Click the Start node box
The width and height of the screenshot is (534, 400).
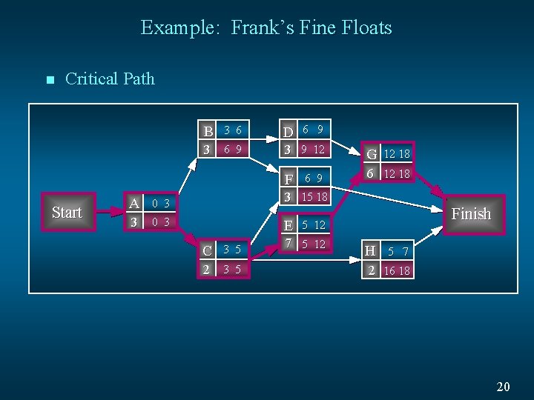(67, 213)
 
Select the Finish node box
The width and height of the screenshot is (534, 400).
(471, 214)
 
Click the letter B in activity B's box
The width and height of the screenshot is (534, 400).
(208, 131)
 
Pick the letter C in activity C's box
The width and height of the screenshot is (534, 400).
(208, 250)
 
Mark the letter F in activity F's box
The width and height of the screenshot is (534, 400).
(288, 180)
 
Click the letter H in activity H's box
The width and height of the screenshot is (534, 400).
(371, 252)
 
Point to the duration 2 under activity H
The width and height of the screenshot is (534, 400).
(371, 270)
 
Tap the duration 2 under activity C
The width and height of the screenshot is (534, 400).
(207, 269)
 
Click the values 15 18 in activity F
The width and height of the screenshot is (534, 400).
(313, 197)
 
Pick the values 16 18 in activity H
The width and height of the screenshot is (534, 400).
(397, 271)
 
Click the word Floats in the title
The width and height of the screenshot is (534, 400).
(363, 28)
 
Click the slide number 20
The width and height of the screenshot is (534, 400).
(504, 386)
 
